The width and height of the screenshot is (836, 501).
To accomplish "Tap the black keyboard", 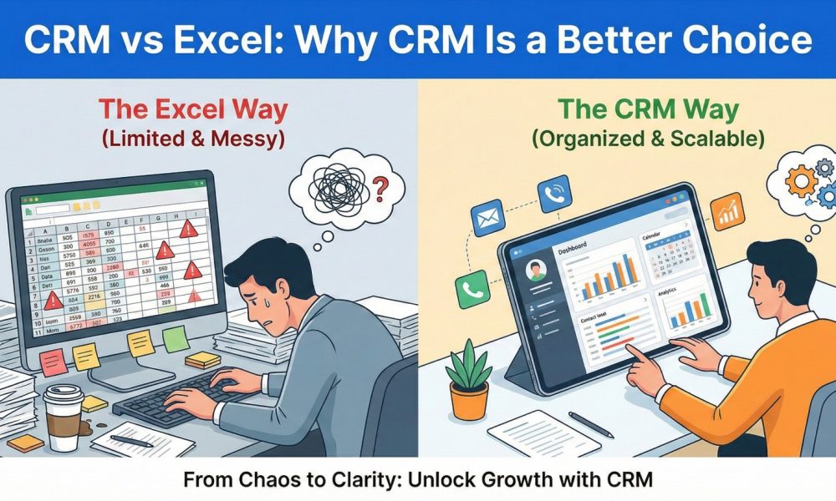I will tap(179, 402).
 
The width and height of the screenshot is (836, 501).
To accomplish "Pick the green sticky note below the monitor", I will tap(174, 338).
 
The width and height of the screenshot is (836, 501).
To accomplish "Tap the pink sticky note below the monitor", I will tap(54, 361).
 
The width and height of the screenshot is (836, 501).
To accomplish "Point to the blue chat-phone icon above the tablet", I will tap(552, 190).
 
